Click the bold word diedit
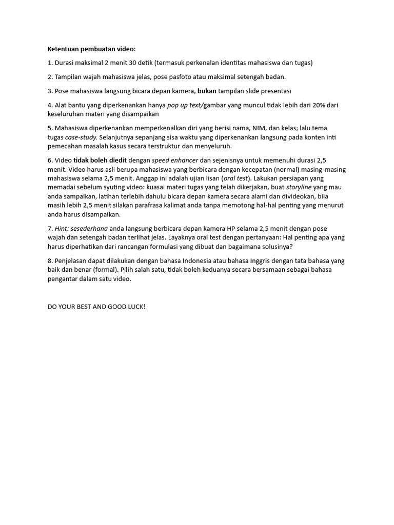[116, 160]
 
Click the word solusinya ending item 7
[275, 247]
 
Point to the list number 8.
[50, 261]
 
